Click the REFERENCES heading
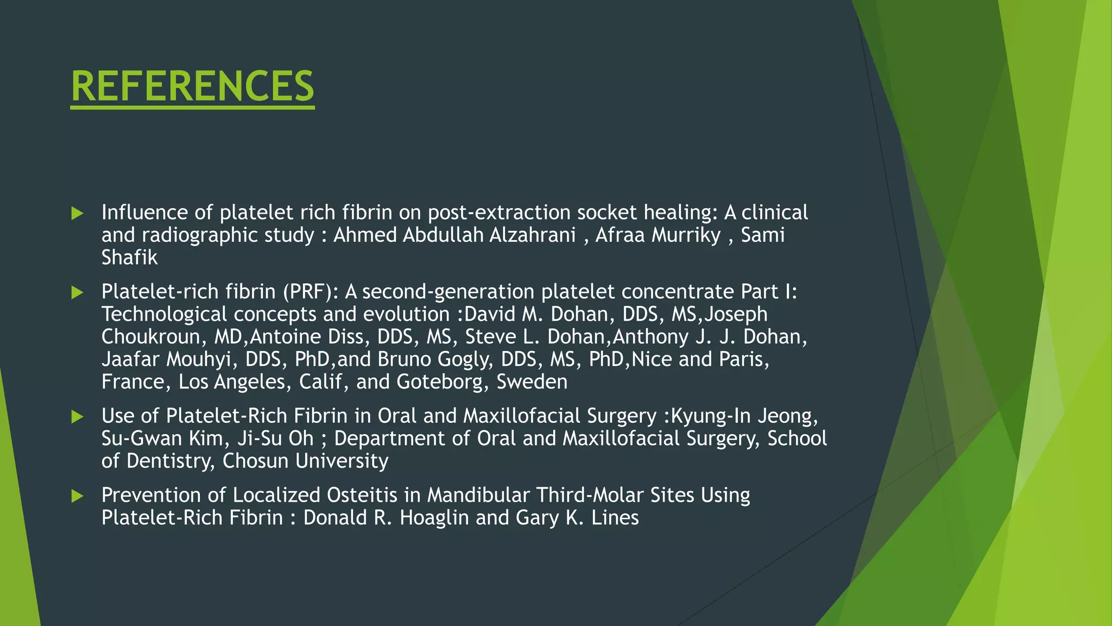[192, 86]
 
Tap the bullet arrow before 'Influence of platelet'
[77, 213]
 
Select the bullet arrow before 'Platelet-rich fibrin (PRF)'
[77, 293]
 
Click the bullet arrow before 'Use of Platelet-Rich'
[77, 417]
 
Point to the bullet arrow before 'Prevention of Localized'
[77, 496]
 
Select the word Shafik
[129, 258]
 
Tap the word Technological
[164, 315]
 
